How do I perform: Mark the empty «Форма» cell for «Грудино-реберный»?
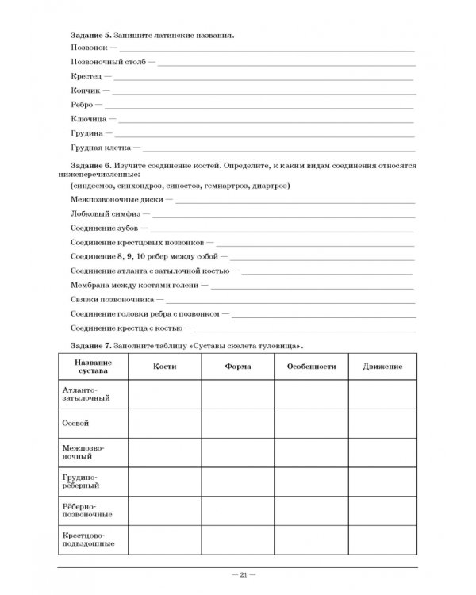click(237, 481)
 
